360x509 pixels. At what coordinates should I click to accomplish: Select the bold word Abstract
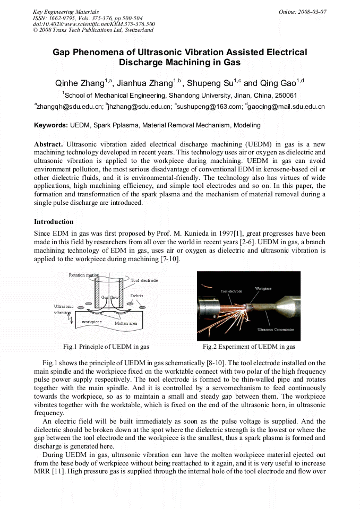(48, 144)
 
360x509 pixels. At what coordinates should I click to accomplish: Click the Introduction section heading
(54, 221)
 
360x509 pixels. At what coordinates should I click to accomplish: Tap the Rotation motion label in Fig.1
(84, 275)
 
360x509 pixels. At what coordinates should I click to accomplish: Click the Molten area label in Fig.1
(126, 323)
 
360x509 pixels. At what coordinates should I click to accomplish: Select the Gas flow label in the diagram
(110, 297)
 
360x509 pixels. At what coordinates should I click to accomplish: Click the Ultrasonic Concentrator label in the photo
(276, 330)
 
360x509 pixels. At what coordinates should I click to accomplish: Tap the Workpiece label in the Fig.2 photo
(263, 289)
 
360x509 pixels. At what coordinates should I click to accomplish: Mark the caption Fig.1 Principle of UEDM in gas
(106, 347)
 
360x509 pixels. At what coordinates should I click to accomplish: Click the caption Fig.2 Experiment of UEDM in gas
(248, 347)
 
